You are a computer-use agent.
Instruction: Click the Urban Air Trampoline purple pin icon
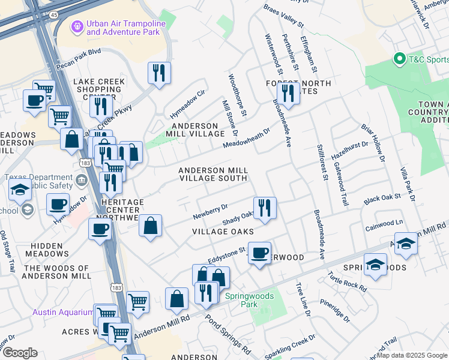point(76,27)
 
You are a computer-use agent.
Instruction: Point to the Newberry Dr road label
point(210,211)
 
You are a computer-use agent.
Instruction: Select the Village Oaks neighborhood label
point(223,231)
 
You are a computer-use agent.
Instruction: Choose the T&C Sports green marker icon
point(399,59)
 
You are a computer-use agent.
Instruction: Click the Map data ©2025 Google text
point(411,355)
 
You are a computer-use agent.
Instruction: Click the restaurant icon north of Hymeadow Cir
point(159,73)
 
